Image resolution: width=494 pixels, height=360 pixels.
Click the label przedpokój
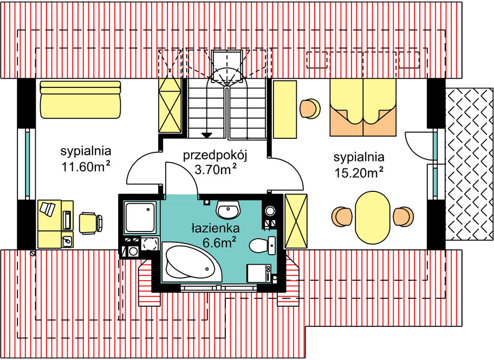215,156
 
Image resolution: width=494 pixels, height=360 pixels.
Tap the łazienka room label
216,228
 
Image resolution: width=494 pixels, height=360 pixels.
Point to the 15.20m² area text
359,172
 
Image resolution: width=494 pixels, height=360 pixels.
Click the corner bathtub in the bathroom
191,262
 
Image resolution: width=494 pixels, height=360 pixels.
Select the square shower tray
140,217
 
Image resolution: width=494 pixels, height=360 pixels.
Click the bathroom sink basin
229,210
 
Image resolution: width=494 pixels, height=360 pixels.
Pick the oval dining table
373,217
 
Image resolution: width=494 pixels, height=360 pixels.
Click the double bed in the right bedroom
363,107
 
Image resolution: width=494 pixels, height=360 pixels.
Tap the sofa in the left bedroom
80,100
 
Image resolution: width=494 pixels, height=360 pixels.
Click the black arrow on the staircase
207,135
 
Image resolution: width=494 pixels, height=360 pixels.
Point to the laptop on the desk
47,209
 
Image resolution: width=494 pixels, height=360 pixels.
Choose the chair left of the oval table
342,216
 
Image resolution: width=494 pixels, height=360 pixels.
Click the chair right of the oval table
404,217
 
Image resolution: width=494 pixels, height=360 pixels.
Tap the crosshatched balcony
470,163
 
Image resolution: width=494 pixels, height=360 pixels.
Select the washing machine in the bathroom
259,273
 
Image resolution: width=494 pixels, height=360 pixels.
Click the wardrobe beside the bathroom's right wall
296,221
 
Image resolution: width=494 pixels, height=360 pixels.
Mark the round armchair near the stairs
310,109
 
